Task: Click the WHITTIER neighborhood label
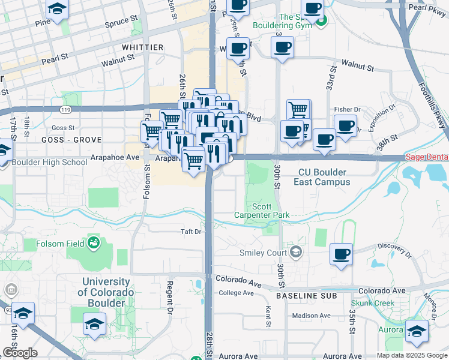tap(142, 47)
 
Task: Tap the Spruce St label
tap(120, 21)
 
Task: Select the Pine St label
tap(43, 23)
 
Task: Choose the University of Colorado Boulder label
tap(106, 292)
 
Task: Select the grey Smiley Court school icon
tap(295, 252)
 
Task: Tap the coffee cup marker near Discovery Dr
tap(341, 254)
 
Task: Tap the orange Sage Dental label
tap(427, 157)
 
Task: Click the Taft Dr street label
tap(190, 231)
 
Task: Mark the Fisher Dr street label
tap(346, 109)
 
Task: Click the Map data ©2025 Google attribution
tap(412, 355)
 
